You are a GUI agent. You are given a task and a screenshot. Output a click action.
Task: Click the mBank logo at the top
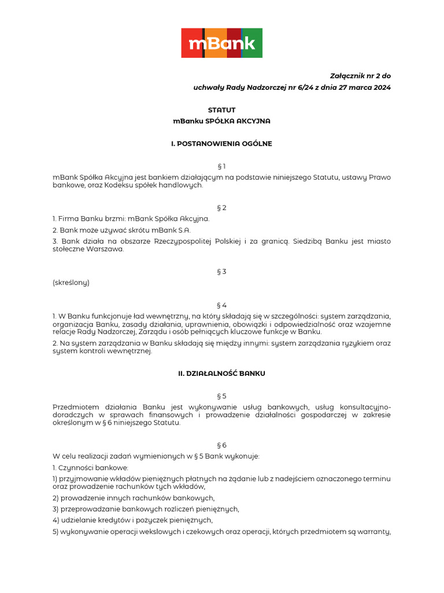[222, 43]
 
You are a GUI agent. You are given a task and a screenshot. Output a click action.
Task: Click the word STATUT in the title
[222, 110]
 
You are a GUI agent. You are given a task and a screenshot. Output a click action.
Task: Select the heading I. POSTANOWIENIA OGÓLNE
[221, 144]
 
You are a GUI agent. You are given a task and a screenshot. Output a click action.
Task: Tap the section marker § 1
[221, 166]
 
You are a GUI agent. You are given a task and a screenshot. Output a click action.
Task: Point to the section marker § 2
[221, 207]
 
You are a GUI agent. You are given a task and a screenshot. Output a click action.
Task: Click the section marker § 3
[221, 272]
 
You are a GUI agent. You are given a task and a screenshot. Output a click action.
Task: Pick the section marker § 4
[221, 305]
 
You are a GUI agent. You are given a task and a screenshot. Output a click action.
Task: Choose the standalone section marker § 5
[221, 396]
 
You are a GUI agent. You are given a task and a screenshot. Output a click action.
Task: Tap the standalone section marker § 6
[221, 445]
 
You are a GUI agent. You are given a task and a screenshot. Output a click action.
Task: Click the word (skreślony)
[71, 283]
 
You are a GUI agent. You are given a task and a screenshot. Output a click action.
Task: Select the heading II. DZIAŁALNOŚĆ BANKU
[221, 374]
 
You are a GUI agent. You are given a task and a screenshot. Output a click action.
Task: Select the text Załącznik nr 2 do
[360, 76]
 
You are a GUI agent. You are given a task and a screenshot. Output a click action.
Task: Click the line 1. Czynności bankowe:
[90, 467]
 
